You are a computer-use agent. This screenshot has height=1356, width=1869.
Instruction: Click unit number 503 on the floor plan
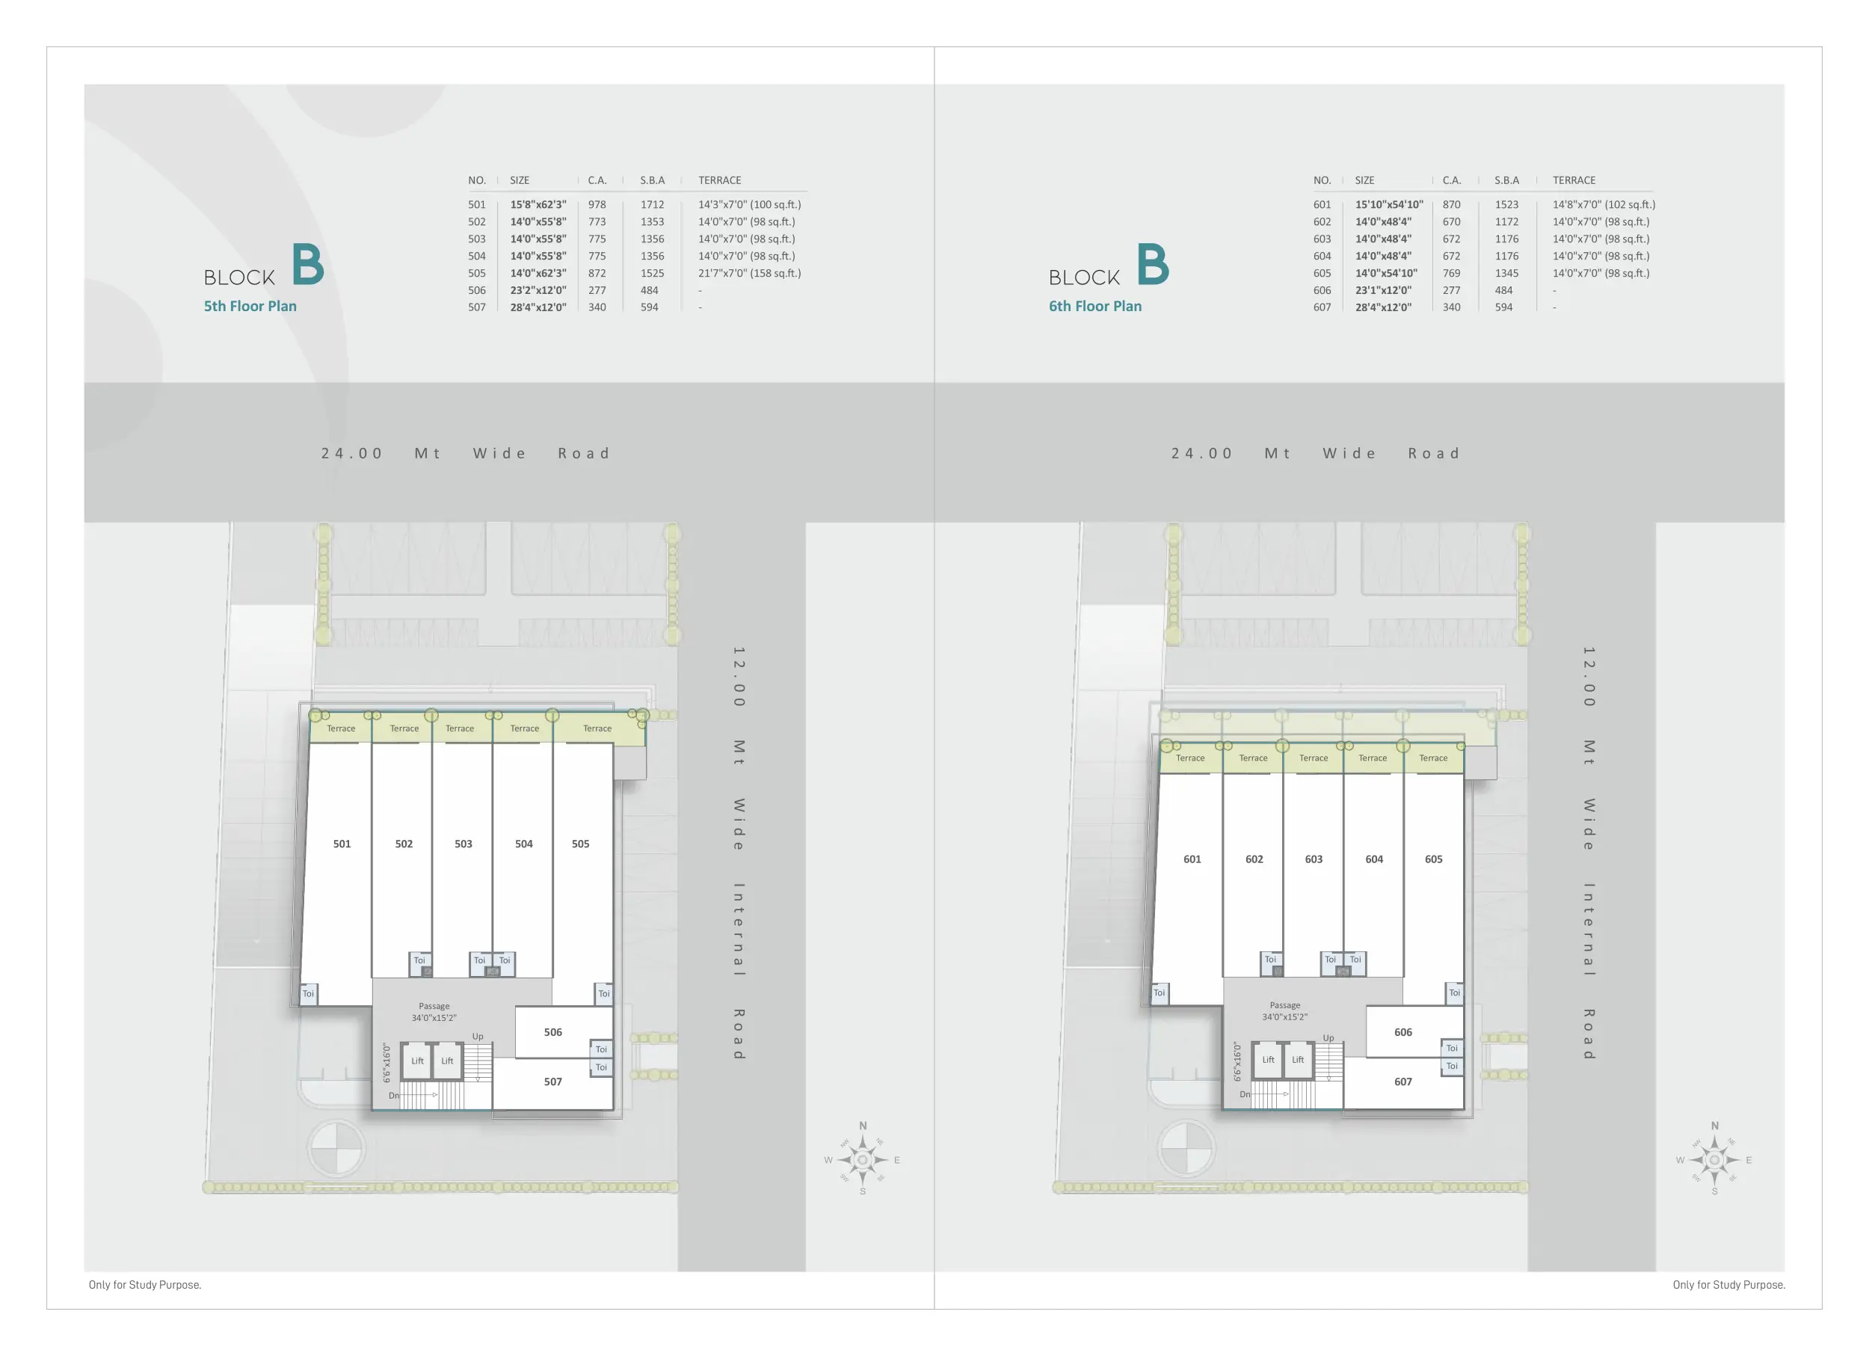[463, 844]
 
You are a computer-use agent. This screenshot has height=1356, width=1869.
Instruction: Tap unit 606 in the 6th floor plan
[1402, 1032]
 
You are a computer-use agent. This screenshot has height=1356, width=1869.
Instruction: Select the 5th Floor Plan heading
[250, 306]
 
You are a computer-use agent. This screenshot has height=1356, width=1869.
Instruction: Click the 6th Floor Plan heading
[1094, 306]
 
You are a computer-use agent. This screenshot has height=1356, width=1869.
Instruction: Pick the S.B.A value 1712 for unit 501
[652, 204]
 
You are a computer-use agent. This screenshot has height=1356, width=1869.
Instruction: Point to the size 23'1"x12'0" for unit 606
[1383, 290]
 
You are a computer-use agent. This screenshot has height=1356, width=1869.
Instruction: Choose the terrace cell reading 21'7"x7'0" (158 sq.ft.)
[749, 273]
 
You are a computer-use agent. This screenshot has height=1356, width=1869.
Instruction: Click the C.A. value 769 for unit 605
[1451, 273]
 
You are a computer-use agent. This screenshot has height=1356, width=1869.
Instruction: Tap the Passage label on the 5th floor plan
[434, 1006]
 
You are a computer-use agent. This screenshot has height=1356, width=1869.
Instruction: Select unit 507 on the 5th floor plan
[553, 1082]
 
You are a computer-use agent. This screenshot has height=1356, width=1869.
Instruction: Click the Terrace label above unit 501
[340, 728]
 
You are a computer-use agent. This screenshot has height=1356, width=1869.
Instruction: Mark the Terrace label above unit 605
[1432, 758]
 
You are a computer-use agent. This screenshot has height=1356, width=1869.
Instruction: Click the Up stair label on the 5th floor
[478, 1036]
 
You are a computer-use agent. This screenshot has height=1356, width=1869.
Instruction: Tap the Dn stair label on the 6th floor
[1244, 1095]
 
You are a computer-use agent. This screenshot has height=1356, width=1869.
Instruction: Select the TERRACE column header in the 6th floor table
[1573, 180]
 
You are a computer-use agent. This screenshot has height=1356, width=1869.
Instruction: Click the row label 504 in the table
[476, 256]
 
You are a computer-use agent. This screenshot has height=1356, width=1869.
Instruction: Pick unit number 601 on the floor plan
[1192, 859]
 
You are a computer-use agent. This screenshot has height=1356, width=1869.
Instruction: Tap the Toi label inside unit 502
[419, 960]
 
